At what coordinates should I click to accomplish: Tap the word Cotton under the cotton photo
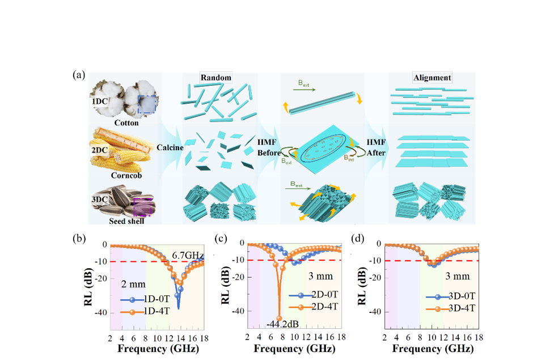[x=126, y=122]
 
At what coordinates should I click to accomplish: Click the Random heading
[x=215, y=77]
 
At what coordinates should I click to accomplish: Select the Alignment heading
[x=433, y=78]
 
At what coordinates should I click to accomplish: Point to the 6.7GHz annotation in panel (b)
[x=189, y=256]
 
